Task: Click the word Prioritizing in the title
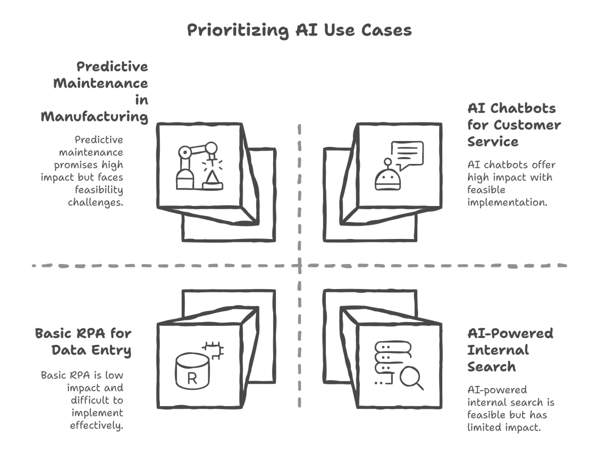point(238,30)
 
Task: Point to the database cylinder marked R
point(192,371)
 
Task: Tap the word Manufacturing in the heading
point(94,116)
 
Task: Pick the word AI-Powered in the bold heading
point(510,333)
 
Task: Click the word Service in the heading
point(493,141)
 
